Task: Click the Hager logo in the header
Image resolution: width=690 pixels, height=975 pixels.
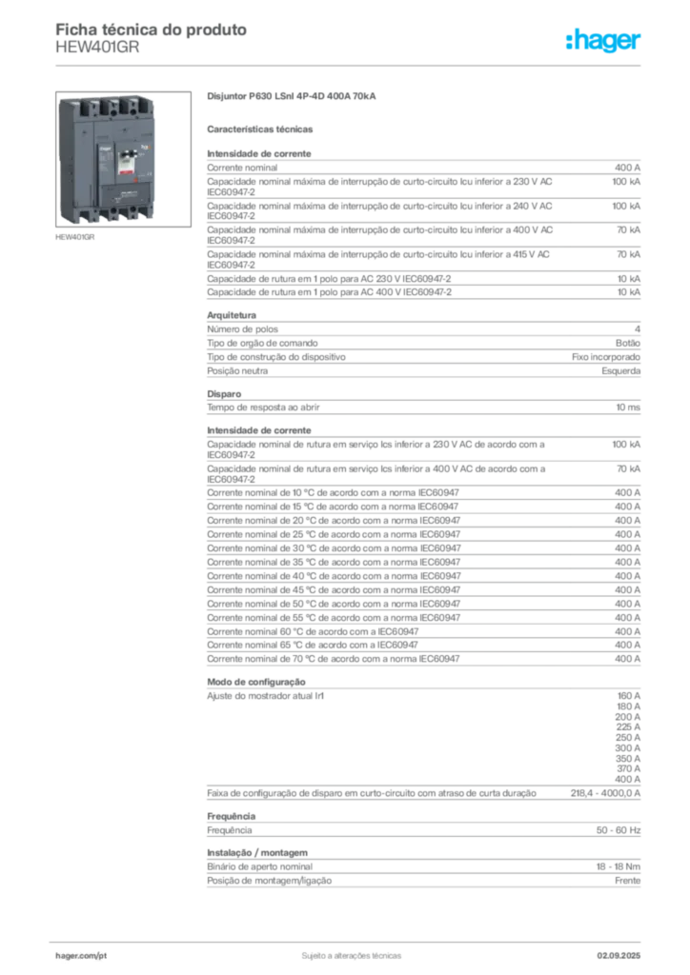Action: tap(602, 40)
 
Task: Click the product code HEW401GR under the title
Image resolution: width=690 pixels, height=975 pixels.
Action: tap(97, 48)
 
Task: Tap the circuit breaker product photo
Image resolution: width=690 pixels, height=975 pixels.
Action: tap(123, 159)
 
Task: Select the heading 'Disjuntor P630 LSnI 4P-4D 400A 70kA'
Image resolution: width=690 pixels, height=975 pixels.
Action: tap(292, 96)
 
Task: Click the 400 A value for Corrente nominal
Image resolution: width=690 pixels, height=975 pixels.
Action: tap(627, 168)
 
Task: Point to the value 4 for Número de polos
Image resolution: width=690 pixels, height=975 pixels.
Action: tap(638, 328)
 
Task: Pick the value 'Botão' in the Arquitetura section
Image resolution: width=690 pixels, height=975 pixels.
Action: tap(628, 343)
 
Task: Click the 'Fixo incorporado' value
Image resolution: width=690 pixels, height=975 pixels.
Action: tap(606, 357)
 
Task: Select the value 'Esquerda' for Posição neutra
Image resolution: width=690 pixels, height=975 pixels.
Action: tap(621, 371)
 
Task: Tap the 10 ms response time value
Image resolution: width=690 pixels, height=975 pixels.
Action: tap(628, 408)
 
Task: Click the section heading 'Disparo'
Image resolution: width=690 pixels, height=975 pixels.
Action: tap(224, 394)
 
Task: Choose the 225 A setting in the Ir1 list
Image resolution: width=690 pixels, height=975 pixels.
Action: tap(628, 726)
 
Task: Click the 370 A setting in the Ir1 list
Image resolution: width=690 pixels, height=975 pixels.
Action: tap(628, 768)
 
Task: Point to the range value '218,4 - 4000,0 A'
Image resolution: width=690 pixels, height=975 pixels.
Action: tap(605, 793)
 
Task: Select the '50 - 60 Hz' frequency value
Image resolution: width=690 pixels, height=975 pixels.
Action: tap(618, 830)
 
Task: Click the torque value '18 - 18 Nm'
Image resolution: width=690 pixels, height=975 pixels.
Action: tap(618, 866)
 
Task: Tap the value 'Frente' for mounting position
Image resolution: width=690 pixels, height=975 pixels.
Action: tap(627, 881)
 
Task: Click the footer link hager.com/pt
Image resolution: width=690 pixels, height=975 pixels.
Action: tap(81, 956)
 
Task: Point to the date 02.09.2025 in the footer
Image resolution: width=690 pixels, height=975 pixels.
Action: tap(619, 956)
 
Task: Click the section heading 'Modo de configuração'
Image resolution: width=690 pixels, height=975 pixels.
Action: tap(256, 682)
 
